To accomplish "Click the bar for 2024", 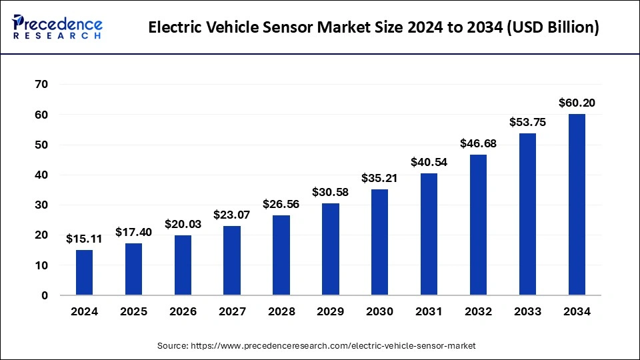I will [x=84, y=272].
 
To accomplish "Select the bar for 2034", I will [x=577, y=204].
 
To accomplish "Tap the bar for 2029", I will [x=331, y=249].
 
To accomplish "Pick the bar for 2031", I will [x=429, y=234].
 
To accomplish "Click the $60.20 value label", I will [x=577, y=103].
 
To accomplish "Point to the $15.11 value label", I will [x=84, y=239].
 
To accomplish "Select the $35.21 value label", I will [x=380, y=178].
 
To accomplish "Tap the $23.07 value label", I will [x=232, y=215].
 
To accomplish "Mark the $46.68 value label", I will [x=478, y=143].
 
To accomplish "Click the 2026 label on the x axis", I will [x=183, y=311].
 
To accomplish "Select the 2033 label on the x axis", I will [x=527, y=311].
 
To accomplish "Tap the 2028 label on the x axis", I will [x=281, y=311].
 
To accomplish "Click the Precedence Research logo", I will [x=57, y=27].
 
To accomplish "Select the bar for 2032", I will [x=478, y=225].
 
